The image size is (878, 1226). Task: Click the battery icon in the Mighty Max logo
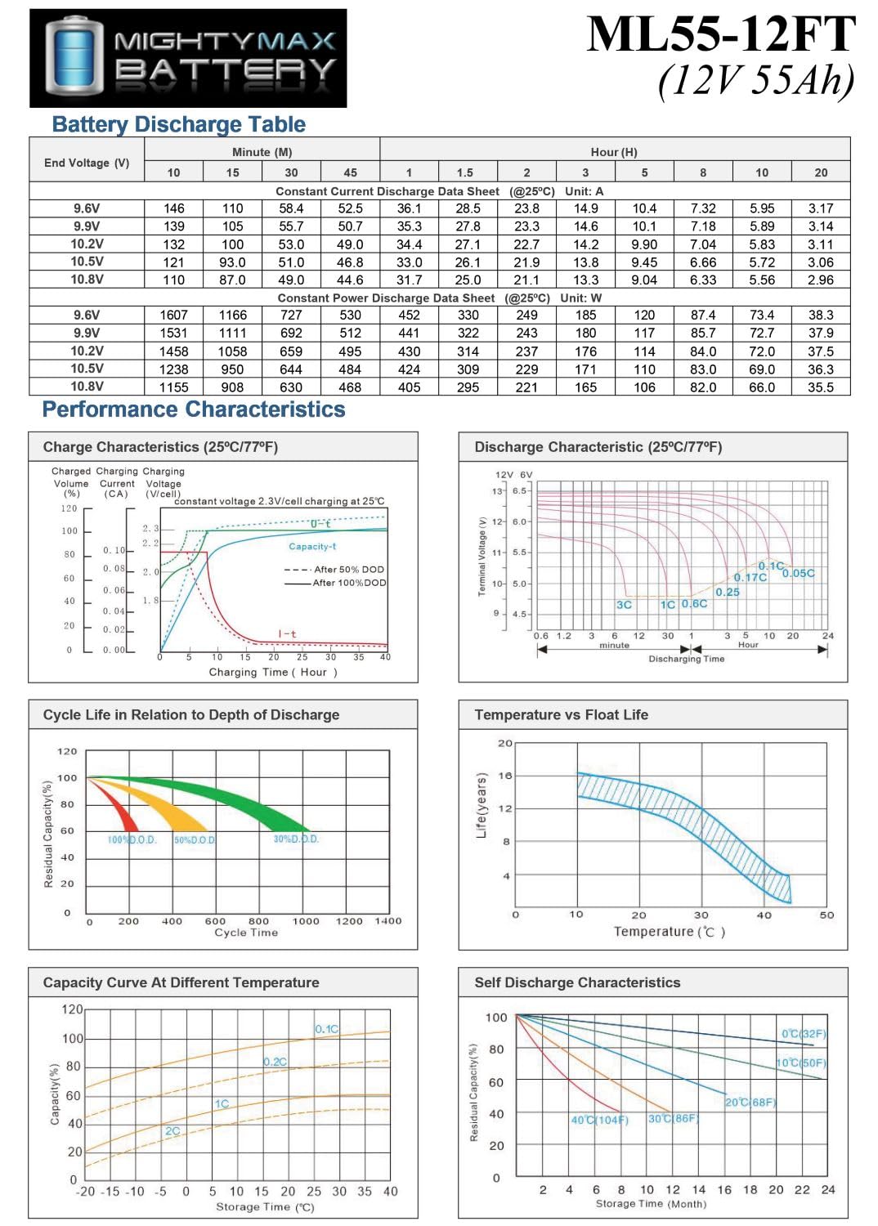click(74, 58)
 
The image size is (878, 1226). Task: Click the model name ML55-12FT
click(721, 34)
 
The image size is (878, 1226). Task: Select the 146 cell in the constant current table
click(173, 208)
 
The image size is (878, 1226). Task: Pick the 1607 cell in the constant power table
click(173, 315)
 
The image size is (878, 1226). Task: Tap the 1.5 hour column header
click(468, 172)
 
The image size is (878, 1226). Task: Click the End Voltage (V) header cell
click(87, 163)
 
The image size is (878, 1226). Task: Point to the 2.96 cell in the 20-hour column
click(821, 280)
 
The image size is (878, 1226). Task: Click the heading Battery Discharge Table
click(178, 124)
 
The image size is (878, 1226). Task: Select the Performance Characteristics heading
click(194, 409)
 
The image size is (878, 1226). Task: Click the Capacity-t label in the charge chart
click(312, 546)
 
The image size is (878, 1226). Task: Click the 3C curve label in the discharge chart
click(624, 605)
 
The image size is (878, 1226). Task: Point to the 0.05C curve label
click(799, 573)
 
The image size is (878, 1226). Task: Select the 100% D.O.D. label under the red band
click(132, 839)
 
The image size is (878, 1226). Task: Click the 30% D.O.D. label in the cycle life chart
click(296, 839)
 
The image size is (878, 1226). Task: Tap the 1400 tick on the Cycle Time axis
click(388, 921)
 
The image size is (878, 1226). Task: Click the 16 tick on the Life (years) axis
click(505, 776)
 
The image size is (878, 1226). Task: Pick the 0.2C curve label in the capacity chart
click(275, 1062)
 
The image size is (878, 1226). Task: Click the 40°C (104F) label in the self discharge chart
click(599, 1120)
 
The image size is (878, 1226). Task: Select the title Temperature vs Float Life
click(561, 715)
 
